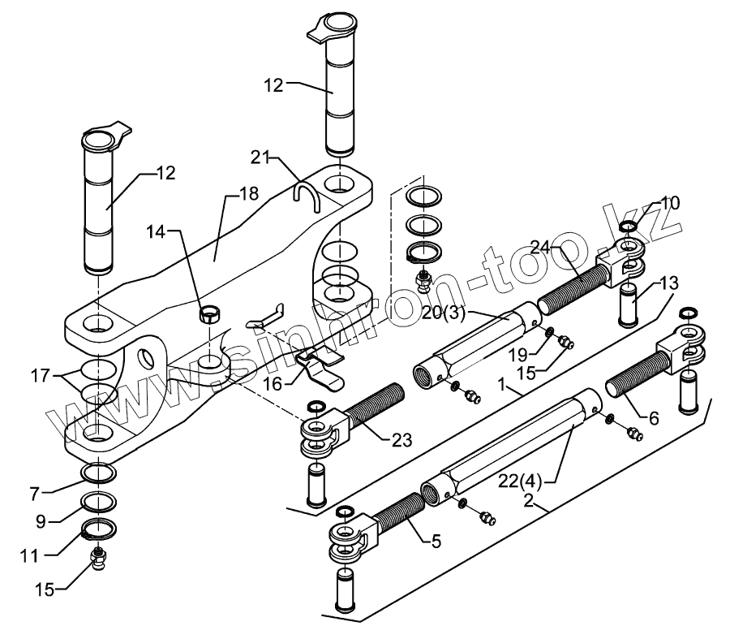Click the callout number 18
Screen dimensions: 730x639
coord(250,193)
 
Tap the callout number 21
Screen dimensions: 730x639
coord(260,158)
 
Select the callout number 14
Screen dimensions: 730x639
coord(157,231)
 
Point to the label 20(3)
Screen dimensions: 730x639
coord(443,313)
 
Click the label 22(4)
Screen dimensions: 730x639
coord(520,481)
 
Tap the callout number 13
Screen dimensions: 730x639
coord(669,283)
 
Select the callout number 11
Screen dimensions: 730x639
coord(29,555)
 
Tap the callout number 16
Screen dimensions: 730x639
coord(273,383)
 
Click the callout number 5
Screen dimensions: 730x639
coord(436,542)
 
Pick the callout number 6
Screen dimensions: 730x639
coord(654,418)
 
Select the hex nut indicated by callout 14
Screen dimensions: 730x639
coord(209,314)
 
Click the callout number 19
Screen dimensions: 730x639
coord(517,355)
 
